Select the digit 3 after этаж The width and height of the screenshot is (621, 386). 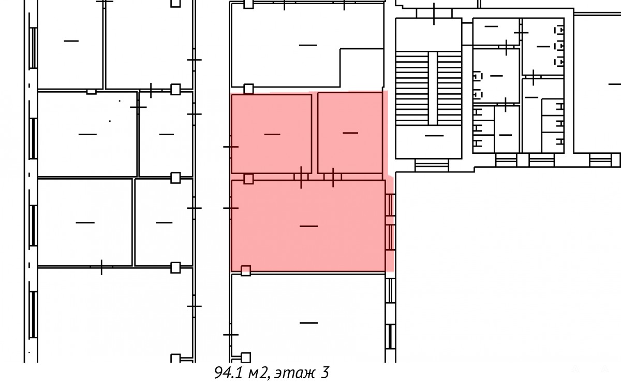coord(325,373)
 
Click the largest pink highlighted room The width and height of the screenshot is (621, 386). coord(308,226)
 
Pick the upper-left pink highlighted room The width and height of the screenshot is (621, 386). coord(271,134)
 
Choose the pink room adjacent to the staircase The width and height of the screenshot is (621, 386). coord(350,133)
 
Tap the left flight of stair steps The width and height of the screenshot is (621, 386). coord(412,88)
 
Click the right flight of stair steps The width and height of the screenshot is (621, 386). coord(449,88)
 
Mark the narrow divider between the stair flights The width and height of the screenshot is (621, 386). coord(433,88)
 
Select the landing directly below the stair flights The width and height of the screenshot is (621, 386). coord(428,142)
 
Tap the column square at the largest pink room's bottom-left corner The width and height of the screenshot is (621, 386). coord(246,270)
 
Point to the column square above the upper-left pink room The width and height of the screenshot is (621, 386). coord(248,89)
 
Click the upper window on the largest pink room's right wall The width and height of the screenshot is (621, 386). coord(390,205)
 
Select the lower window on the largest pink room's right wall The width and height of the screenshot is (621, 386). coord(390,237)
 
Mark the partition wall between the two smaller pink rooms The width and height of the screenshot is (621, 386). coord(315,133)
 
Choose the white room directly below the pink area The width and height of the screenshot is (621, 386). coord(308,318)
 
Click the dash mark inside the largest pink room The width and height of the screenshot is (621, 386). coord(308,226)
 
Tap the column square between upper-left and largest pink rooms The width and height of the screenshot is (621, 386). coord(248,179)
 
